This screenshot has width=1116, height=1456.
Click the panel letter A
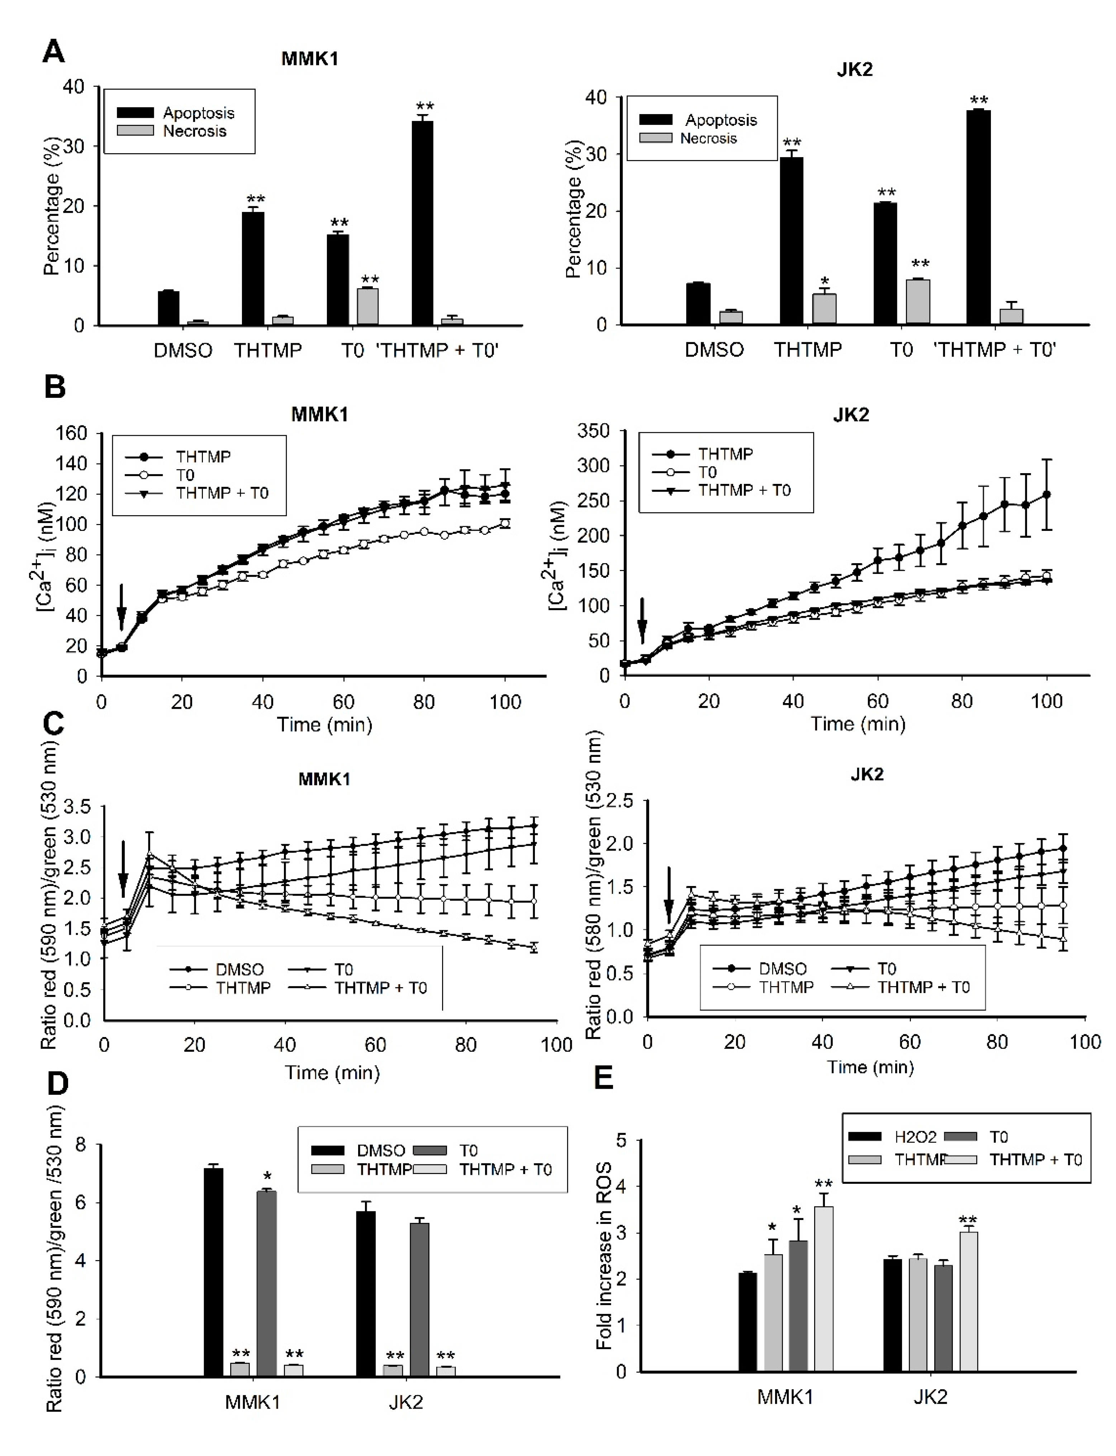(54, 51)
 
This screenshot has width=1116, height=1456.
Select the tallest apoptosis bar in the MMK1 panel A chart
(422, 223)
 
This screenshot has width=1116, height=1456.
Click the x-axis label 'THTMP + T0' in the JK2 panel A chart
(994, 349)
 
